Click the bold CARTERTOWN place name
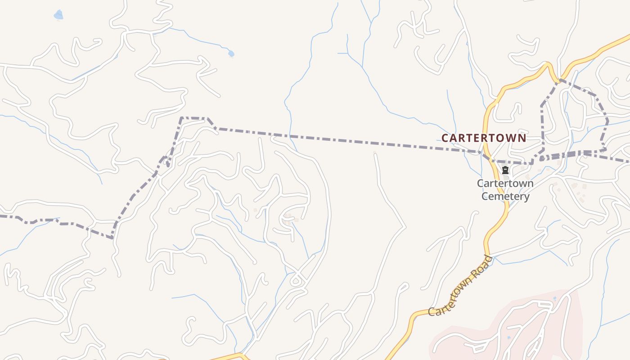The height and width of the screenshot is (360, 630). point(484,138)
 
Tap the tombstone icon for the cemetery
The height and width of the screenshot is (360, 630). point(505,170)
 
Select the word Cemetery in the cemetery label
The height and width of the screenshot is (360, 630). point(505,196)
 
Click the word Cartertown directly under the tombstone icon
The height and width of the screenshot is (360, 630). point(505,184)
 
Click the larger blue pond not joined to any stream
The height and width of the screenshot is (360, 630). point(58,15)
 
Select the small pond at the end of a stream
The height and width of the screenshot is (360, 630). point(231,54)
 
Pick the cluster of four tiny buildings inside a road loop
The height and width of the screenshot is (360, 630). point(288,219)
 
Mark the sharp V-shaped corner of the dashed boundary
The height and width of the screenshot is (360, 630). point(112,238)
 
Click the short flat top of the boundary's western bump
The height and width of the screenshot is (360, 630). point(194,118)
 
